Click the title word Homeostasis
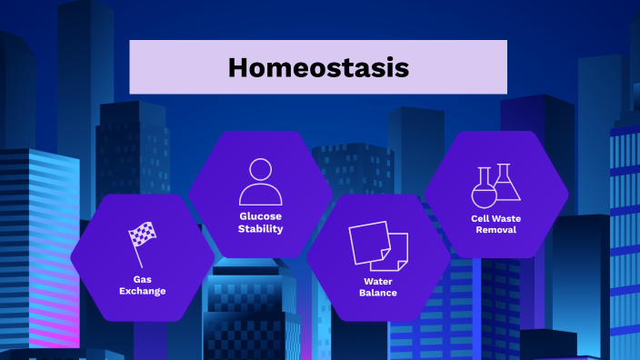pyautogui.click(x=318, y=67)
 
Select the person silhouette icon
pyautogui.click(x=261, y=182)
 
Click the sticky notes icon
pyautogui.click(x=378, y=246)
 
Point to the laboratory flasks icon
pyautogui.click(x=496, y=186)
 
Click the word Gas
pyautogui.click(x=143, y=279)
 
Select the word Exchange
pyautogui.click(x=143, y=292)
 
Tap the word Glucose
pyautogui.click(x=261, y=216)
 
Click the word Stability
pyautogui.click(x=261, y=229)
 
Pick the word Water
pyautogui.click(x=378, y=281)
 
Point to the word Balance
pyautogui.click(x=378, y=293)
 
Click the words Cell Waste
pyautogui.click(x=496, y=218)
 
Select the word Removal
pyautogui.click(x=496, y=230)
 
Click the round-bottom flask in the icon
pyautogui.click(x=484, y=192)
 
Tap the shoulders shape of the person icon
pyautogui.click(x=261, y=195)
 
